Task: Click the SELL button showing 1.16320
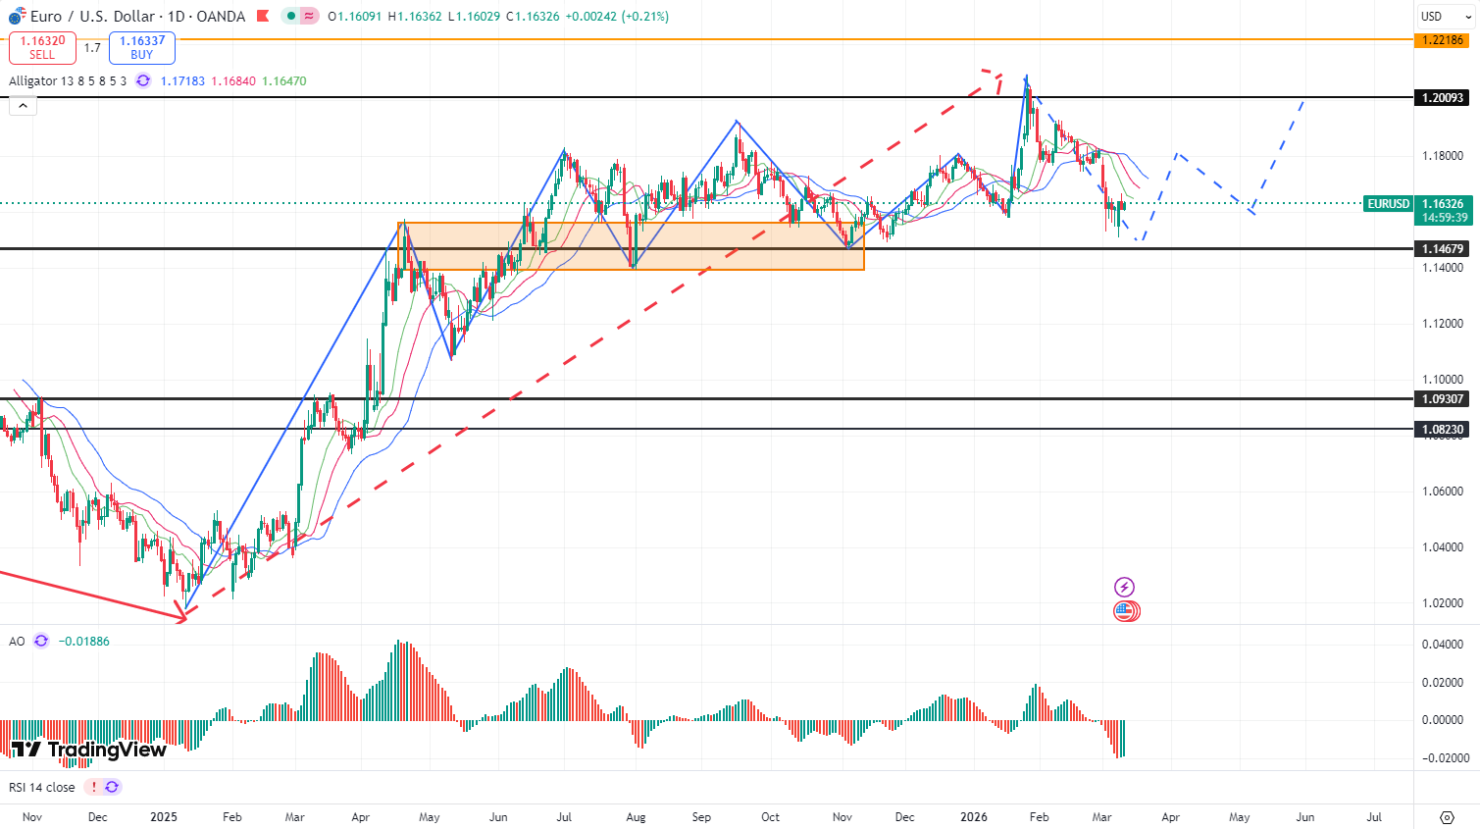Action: [42, 47]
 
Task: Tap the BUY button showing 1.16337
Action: [142, 47]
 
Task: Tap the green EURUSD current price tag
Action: [1389, 204]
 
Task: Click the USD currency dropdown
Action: [1446, 17]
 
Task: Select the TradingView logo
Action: [89, 751]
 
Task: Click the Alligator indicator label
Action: [68, 81]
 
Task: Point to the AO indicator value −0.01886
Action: [84, 642]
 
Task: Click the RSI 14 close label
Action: [42, 787]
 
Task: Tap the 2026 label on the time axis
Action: [974, 817]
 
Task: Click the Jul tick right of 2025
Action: [564, 817]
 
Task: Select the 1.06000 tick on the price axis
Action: [1442, 492]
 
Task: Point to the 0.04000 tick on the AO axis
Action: [1442, 645]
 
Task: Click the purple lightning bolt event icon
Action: [1124, 587]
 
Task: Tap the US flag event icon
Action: [1125, 611]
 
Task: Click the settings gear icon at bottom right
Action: [1447, 817]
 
